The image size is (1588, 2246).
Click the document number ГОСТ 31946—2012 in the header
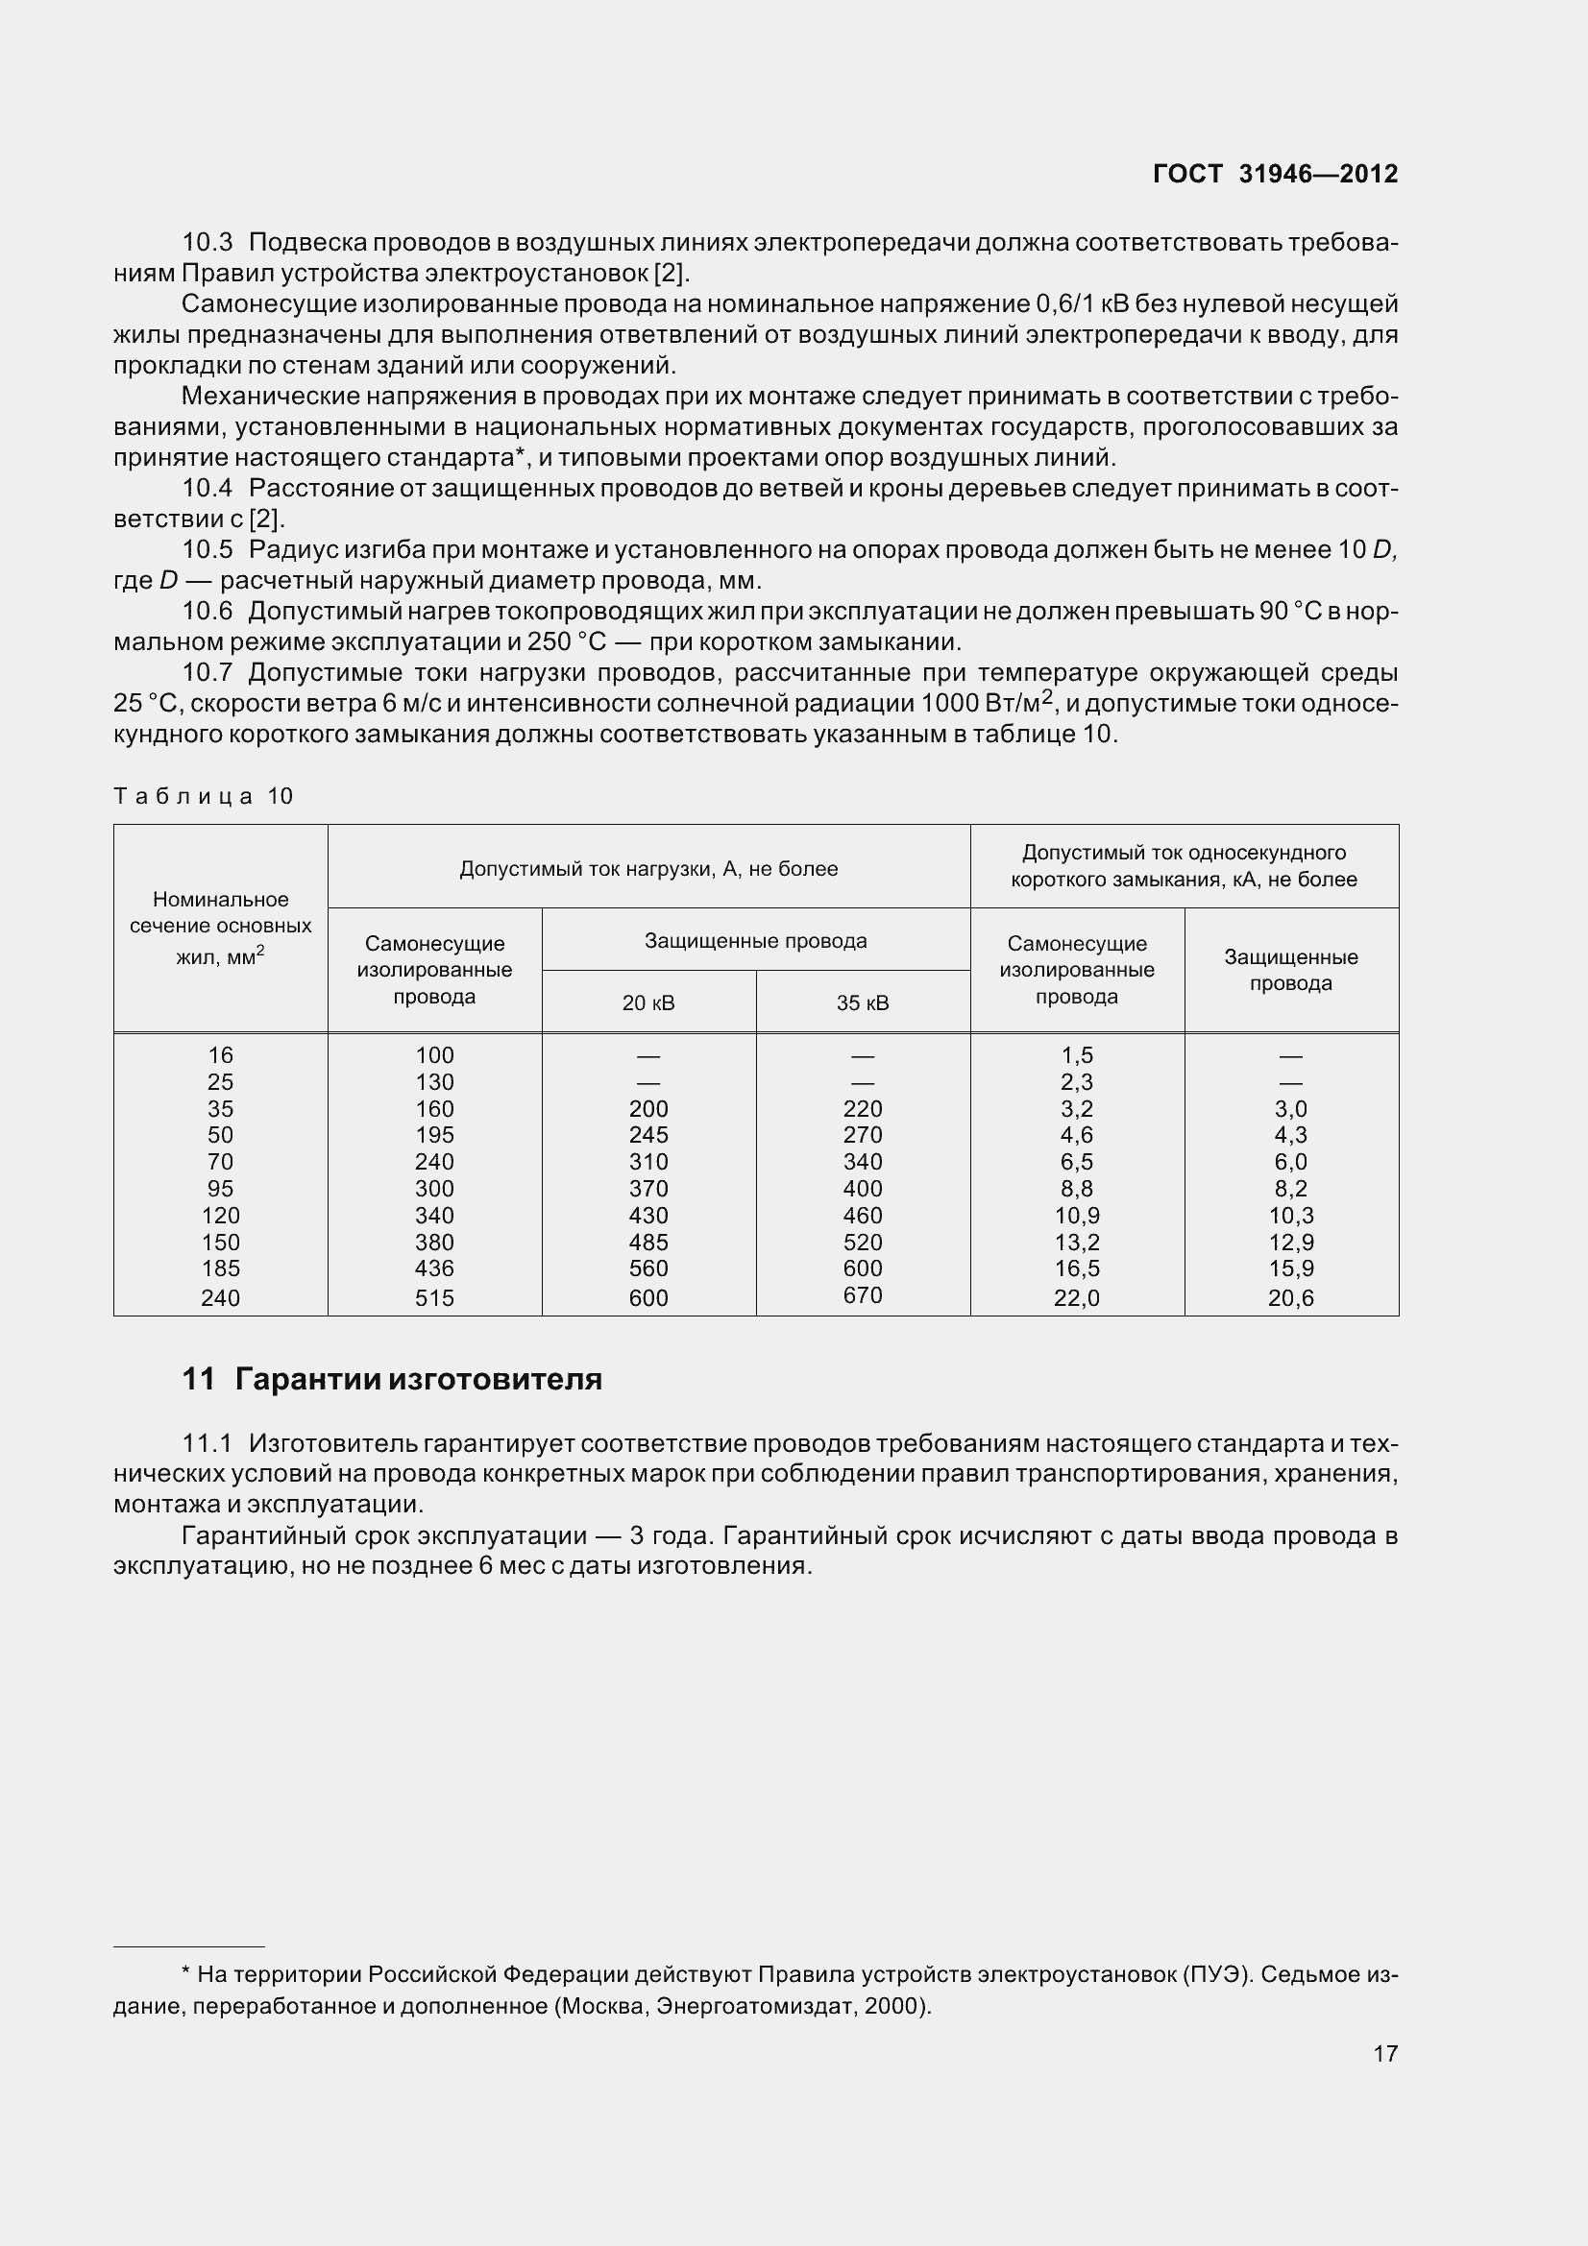(x=1275, y=174)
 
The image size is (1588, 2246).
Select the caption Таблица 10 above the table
(x=204, y=796)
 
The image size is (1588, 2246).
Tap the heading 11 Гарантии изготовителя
(x=391, y=1379)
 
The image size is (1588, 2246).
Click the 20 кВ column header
(x=647, y=1002)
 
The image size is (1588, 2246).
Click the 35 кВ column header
(x=862, y=1002)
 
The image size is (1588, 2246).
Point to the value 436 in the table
(x=434, y=1268)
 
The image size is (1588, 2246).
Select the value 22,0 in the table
(x=1076, y=1298)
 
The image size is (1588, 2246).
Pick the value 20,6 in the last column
(x=1290, y=1298)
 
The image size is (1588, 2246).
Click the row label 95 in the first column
(x=220, y=1189)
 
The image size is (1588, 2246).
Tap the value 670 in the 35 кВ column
(x=862, y=1295)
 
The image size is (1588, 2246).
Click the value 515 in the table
(x=434, y=1298)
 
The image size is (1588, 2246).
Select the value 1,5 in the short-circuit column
(x=1076, y=1055)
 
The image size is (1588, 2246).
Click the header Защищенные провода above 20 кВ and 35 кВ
(x=755, y=941)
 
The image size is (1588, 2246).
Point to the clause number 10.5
(x=208, y=550)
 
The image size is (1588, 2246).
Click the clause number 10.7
(x=208, y=673)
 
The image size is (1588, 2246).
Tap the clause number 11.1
(x=208, y=1444)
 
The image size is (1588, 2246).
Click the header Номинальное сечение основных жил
(x=220, y=927)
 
